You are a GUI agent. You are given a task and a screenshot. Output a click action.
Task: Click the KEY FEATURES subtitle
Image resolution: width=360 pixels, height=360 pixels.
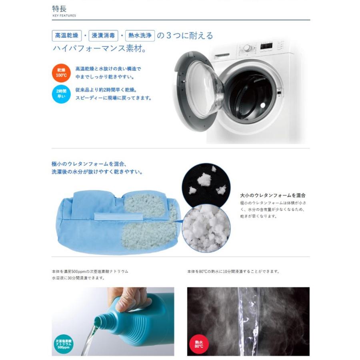tap(64, 16)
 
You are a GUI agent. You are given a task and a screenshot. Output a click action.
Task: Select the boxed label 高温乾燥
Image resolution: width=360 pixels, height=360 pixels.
tap(66, 36)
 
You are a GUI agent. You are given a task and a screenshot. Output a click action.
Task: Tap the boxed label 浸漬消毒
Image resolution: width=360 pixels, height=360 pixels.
tap(103, 36)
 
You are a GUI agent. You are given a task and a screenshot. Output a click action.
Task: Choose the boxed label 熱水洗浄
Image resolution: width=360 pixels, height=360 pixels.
tap(140, 36)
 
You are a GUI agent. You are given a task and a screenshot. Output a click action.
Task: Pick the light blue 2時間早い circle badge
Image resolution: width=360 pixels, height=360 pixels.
tap(61, 94)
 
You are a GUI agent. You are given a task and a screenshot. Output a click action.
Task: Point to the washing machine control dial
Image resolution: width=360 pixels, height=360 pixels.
tap(247, 48)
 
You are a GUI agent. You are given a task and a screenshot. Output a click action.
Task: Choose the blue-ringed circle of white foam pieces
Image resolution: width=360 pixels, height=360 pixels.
tap(206, 227)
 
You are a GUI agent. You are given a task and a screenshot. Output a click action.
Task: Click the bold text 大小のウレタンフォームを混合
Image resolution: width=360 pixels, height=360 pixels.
tap(272, 195)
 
